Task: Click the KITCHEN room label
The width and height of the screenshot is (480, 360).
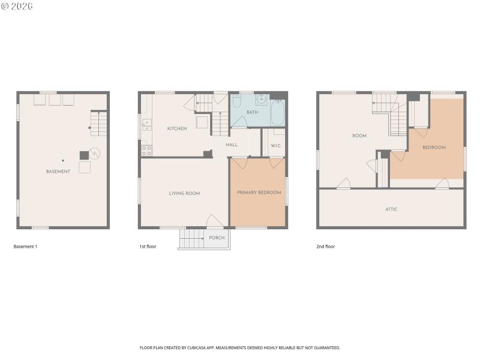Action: [x=177, y=128]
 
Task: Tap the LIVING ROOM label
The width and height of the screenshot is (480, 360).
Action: [x=184, y=193]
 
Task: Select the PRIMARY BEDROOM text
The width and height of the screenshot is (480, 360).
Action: [x=259, y=193]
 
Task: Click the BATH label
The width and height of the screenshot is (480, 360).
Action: [x=252, y=112]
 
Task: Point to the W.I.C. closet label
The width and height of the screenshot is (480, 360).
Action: [x=276, y=145]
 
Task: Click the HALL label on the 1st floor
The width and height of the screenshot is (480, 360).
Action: [x=232, y=145]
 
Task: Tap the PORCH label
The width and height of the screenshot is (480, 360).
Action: [x=217, y=238]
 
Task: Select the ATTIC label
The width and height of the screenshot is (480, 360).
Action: [x=391, y=209]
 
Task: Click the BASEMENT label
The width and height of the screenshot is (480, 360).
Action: [x=58, y=172]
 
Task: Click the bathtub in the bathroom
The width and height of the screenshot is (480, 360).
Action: [x=278, y=112]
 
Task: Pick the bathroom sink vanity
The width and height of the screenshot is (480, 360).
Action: [x=262, y=99]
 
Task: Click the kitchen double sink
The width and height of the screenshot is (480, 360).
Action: [x=146, y=125]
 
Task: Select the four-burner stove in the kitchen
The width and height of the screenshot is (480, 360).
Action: [x=146, y=150]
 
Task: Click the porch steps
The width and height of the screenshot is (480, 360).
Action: [x=192, y=239]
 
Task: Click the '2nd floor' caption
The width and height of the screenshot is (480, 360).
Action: [x=325, y=247]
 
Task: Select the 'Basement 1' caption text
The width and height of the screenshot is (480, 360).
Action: [x=25, y=247]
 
